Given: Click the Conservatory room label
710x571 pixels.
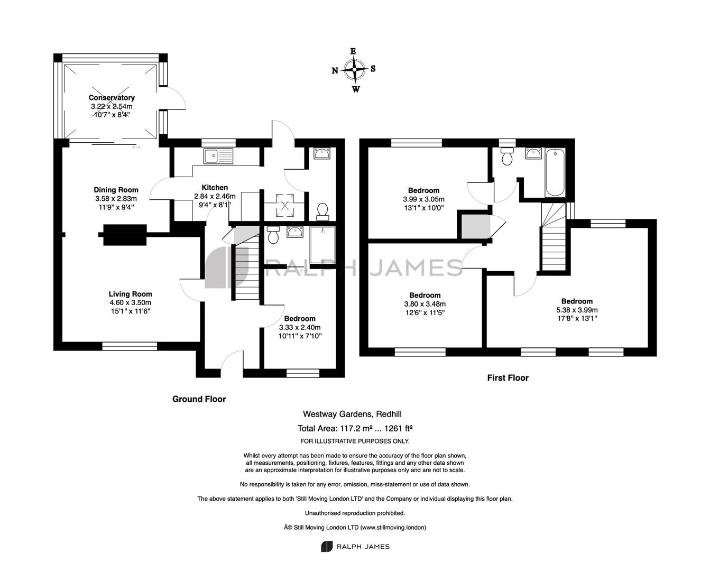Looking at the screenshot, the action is (x=112, y=98).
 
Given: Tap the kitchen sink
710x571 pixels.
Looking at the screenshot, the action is (x=218, y=156).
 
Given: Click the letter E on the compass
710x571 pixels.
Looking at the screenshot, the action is (x=353, y=51).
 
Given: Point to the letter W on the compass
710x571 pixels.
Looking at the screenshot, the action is (x=356, y=89).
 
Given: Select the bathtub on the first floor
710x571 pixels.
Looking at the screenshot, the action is (x=555, y=172).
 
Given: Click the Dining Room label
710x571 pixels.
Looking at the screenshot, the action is (x=116, y=190).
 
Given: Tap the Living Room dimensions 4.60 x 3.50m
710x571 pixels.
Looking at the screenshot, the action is (x=131, y=302).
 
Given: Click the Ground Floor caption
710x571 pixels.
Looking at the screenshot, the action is (x=199, y=399).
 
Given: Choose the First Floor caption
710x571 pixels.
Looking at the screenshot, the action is (x=508, y=378).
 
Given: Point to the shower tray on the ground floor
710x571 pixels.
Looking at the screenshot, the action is (x=322, y=245).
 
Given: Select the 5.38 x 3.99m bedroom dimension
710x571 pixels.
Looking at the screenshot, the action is (x=577, y=310).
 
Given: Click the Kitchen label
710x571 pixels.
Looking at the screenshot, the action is (x=215, y=188).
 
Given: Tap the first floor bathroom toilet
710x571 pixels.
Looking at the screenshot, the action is (x=507, y=156).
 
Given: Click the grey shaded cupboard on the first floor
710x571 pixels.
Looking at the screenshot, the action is (x=475, y=226).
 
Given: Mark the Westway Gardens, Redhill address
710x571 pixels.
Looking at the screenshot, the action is (x=352, y=414).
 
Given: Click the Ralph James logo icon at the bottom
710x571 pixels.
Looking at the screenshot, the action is (x=326, y=547).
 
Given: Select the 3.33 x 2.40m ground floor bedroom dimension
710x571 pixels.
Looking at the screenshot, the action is (x=300, y=327).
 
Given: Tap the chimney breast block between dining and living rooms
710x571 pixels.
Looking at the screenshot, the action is (x=125, y=235).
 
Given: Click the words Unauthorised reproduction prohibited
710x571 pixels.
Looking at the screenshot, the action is (x=355, y=513).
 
